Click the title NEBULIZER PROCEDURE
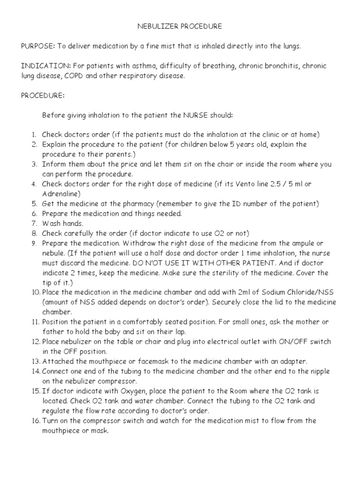point(180,27)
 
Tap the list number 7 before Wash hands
point(34,224)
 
